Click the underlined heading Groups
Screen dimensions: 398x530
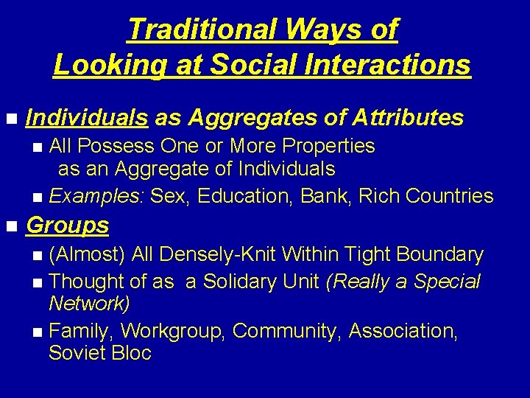[67, 225]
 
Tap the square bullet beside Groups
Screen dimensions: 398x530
[10, 226]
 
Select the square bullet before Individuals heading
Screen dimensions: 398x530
[10, 119]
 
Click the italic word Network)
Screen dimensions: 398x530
[89, 304]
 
